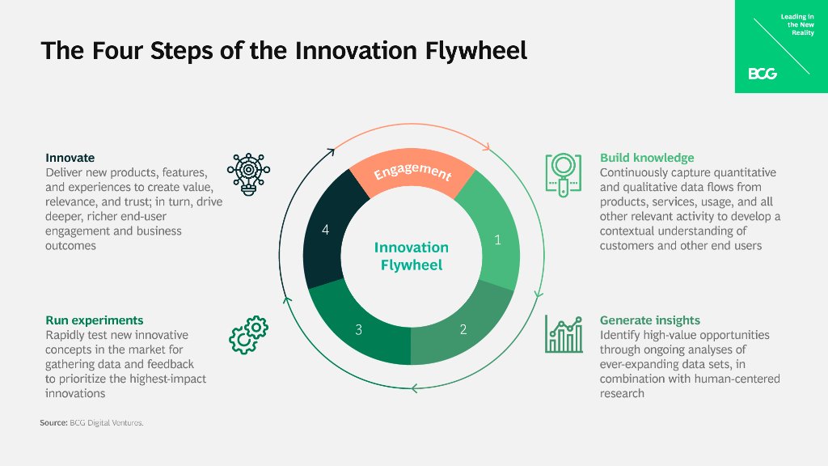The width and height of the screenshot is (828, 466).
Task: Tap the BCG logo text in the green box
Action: [762, 74]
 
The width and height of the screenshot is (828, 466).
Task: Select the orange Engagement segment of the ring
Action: [412, 172]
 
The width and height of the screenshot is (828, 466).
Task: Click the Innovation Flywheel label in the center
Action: [412, 256]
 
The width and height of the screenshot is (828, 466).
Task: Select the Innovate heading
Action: [70, 158]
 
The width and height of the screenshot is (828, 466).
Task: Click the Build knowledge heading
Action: [646, 158]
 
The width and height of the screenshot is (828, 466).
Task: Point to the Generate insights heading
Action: [649, 320]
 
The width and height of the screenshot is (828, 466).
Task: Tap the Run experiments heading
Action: [94, 320]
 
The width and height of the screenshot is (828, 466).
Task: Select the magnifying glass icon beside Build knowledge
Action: [564, 173]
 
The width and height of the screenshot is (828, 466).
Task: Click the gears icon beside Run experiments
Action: [248, 334]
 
